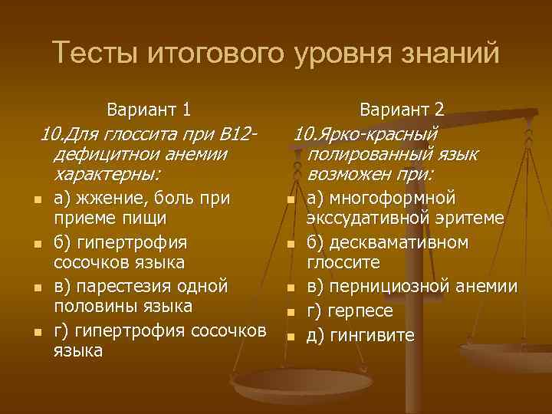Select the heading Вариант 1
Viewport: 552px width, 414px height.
pos(149,108)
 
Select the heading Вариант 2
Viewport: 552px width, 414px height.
pos(402,108)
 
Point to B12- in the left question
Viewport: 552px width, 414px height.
pos(238,136)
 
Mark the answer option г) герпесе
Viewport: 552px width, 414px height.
pos(350,311)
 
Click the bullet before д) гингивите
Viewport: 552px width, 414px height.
pos(290,337)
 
